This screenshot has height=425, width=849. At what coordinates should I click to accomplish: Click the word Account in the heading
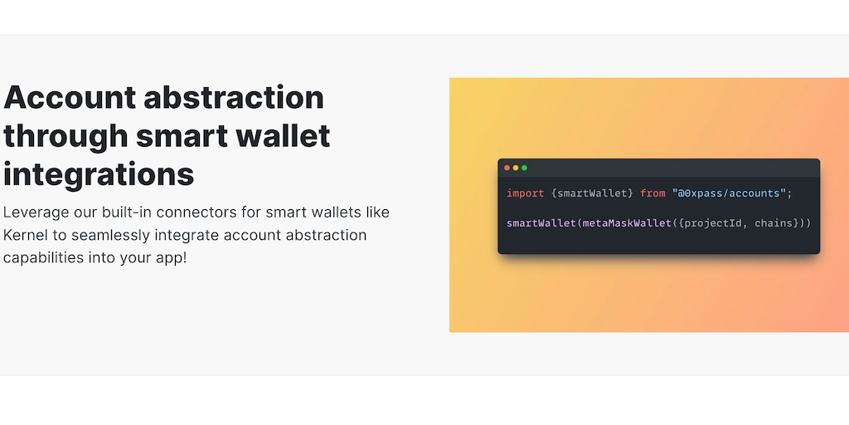pos(70,98)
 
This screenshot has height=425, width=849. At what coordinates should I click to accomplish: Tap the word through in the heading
pos(65,137)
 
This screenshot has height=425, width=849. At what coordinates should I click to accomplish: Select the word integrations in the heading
pos(99,175)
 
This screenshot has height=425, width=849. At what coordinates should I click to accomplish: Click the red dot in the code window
pos(507,168)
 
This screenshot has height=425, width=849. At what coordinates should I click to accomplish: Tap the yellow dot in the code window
pos(516,168)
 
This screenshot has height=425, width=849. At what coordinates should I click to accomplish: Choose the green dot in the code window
pos(524,168)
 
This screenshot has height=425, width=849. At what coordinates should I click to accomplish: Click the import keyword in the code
pos(526,193)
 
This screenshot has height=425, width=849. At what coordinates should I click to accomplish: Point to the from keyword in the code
pos(653,193)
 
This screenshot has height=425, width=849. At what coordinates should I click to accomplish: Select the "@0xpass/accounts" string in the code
pos(729,193)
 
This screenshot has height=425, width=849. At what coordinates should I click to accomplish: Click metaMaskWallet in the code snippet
pos(627,223)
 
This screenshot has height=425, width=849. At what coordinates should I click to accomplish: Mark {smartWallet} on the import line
pos(592,193)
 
